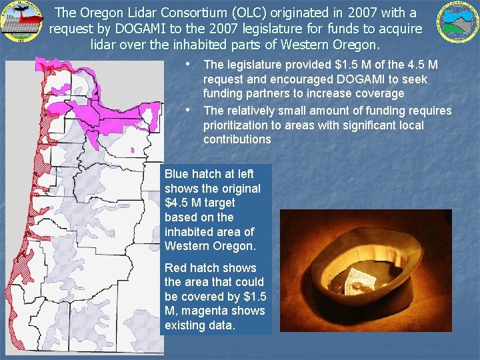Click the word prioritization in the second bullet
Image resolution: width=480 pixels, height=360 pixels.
point(237,125)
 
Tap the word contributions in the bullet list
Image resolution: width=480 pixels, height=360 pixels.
point(237,139)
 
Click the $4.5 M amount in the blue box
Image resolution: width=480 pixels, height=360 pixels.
point(183,203)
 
